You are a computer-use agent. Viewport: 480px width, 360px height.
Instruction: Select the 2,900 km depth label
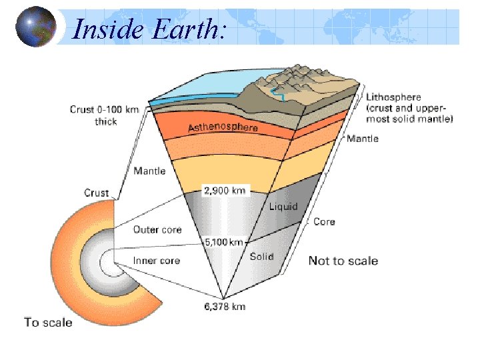point(224,191)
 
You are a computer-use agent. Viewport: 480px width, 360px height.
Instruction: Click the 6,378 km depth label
point(224,307)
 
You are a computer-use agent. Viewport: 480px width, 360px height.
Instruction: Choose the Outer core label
point(157,229)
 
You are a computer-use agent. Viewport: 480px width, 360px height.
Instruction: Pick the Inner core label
point(157,260)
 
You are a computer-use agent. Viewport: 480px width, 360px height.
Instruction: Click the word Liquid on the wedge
point(283,207)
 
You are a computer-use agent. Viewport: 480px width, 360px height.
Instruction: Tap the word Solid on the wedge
point(261,256)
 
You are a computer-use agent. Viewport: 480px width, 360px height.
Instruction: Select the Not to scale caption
point(343,261)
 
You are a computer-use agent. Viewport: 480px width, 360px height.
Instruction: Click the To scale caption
point(48,322)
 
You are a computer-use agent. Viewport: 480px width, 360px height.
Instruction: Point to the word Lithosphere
point(393,97)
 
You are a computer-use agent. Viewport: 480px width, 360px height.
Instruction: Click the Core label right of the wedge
point(324,221)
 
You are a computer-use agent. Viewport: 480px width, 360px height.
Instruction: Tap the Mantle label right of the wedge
point(363,139)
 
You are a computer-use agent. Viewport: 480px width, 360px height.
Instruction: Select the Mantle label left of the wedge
point(149,171)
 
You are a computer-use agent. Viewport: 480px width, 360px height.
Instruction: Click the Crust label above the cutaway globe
point(97,193)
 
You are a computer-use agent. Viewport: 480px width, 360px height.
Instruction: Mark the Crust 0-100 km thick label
point(103,115)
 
